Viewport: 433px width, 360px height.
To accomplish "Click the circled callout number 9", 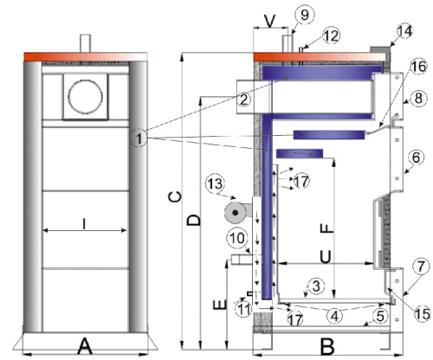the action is [305, 14].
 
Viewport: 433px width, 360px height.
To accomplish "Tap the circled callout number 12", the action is [331, 35].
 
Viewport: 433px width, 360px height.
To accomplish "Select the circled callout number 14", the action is [404, 31].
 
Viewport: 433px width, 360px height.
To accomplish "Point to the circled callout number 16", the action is [418, 67].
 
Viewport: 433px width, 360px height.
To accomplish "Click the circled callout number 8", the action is [418, 98].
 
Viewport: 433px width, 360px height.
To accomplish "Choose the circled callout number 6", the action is [416, 157].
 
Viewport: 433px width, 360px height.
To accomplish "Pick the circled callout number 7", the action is [421, 267].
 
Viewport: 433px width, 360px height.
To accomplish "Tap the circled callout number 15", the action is [422, 313].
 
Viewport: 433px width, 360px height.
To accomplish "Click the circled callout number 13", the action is [216, 183].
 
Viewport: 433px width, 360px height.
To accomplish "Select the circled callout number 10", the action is [236, 238].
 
